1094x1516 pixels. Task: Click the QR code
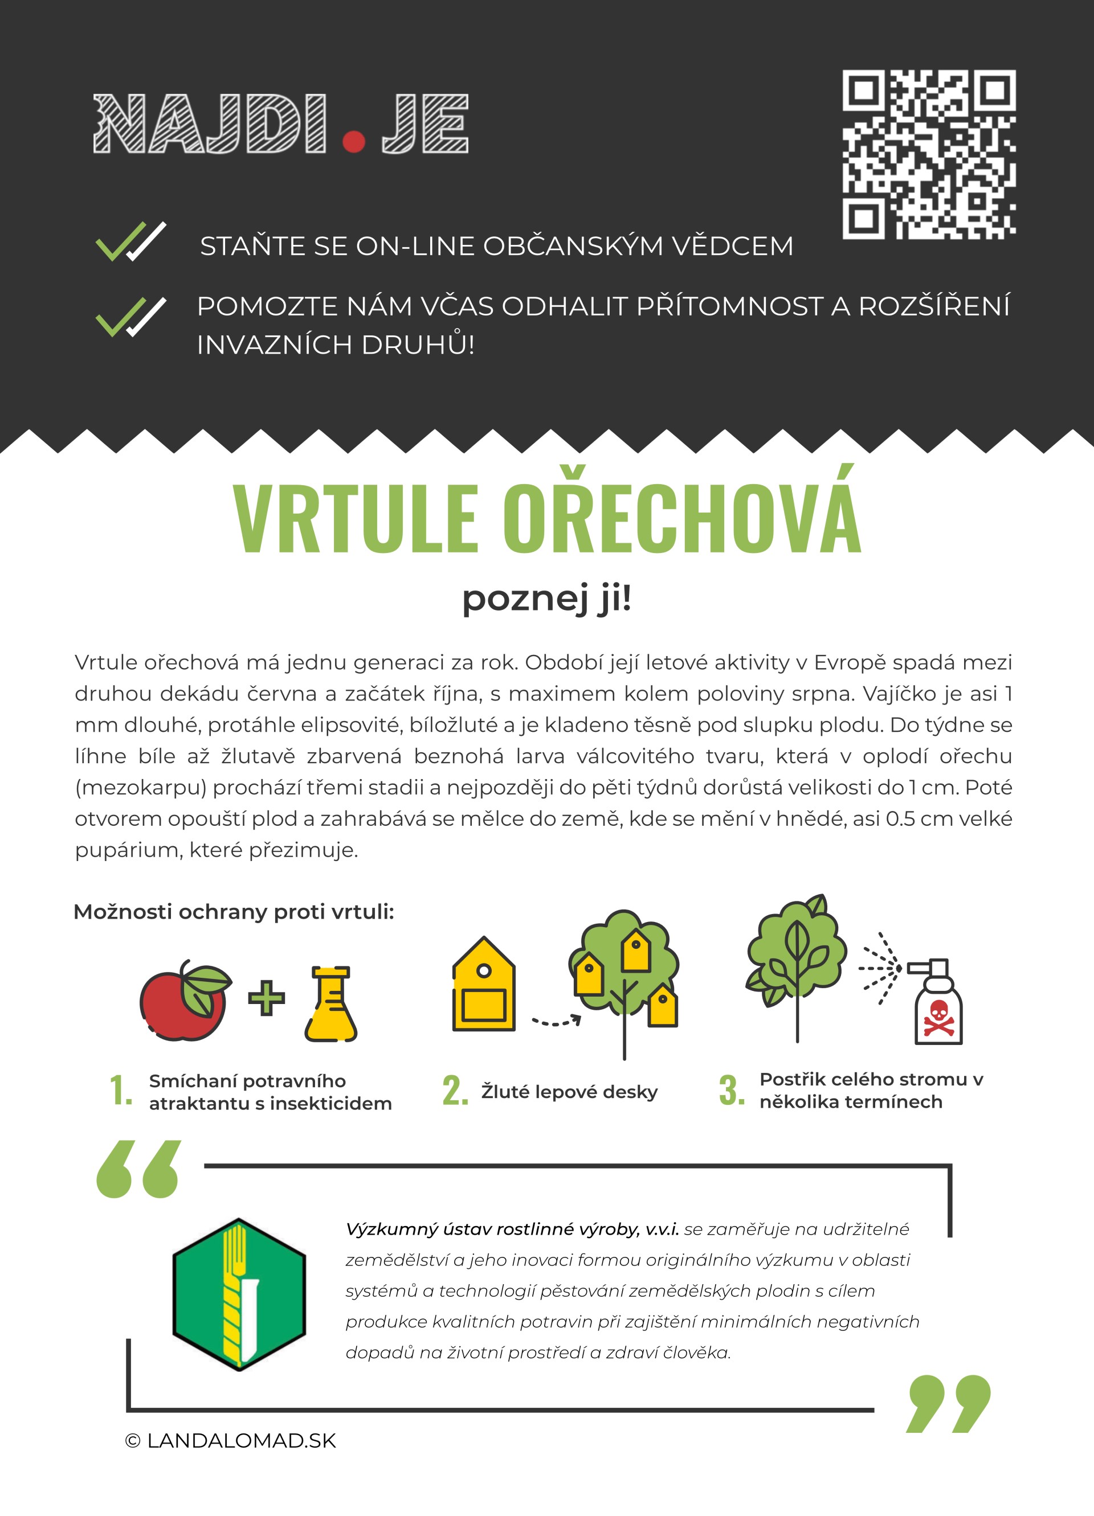[929, 154]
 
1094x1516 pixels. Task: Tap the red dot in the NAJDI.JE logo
[354, 141]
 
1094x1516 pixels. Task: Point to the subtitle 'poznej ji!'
[546, 598]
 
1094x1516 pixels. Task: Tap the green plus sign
[266, 998]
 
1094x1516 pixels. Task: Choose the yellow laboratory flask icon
[331, 1004]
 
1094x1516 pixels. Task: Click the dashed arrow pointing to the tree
[556, 1021]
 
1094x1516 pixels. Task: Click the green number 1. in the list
[120, 1091]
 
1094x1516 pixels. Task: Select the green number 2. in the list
[455, 1091]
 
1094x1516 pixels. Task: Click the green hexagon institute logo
[239, 1294]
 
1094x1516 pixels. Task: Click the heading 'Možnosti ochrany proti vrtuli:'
[234, 912]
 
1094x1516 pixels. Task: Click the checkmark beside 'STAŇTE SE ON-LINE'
[130, 241]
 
